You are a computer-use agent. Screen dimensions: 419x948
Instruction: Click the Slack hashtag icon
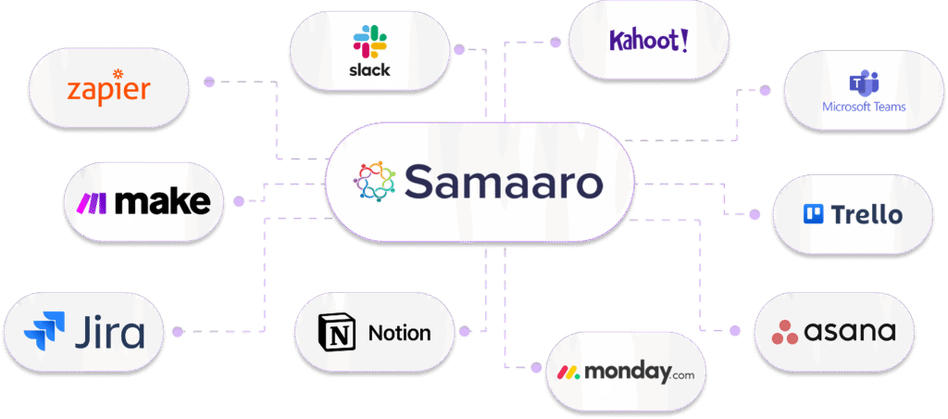click(370, 42)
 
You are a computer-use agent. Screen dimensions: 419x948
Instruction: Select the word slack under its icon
click(370, 70)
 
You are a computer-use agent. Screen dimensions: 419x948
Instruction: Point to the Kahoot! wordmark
click(648, 40)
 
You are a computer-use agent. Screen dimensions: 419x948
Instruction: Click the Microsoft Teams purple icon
click(864, 83)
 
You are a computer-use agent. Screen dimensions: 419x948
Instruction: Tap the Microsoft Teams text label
click(864, 107)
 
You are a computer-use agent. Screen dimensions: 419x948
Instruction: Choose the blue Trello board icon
click(813, 215)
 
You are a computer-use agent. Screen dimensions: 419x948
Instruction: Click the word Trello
click(867, 215)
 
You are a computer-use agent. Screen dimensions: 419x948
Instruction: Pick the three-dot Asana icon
click(785, 331)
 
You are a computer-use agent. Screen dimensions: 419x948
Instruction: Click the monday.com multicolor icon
click(568, 374)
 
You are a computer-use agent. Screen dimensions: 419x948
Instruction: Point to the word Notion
click(399, 333)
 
